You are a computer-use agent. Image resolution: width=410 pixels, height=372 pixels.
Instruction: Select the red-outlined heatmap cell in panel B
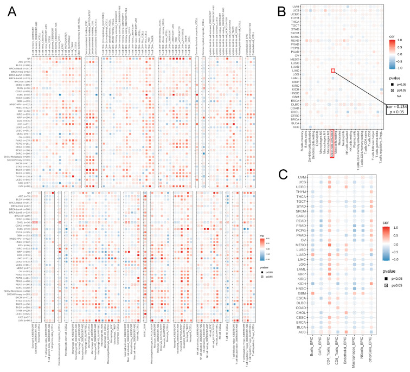point(334,70)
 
